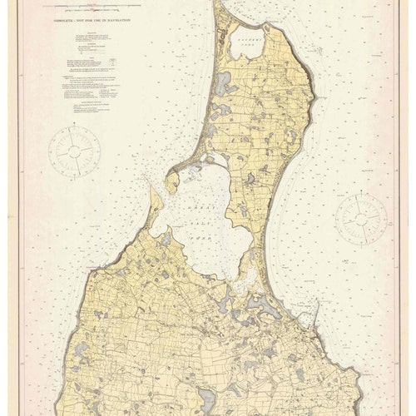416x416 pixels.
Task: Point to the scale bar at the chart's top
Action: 125,15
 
